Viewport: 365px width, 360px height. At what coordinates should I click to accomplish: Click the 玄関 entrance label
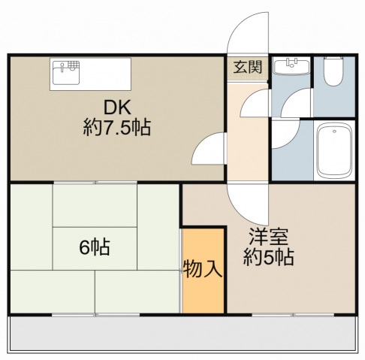point(249,66)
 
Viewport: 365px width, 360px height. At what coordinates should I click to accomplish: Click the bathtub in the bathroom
point(334,151)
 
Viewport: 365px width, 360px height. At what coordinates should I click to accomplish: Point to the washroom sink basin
point(291,68)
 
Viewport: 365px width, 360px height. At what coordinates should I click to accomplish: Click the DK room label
point(116,107)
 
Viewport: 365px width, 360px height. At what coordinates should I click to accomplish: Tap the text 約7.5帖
point(116,127)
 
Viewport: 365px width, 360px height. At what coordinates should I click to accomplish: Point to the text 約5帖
point(268,257)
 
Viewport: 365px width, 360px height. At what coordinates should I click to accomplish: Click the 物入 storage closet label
point(204,269)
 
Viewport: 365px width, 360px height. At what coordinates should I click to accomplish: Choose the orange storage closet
point(204,289)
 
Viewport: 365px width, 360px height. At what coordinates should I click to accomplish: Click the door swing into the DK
point(210,149)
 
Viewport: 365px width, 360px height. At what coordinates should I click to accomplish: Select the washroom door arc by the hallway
point(256,102)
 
